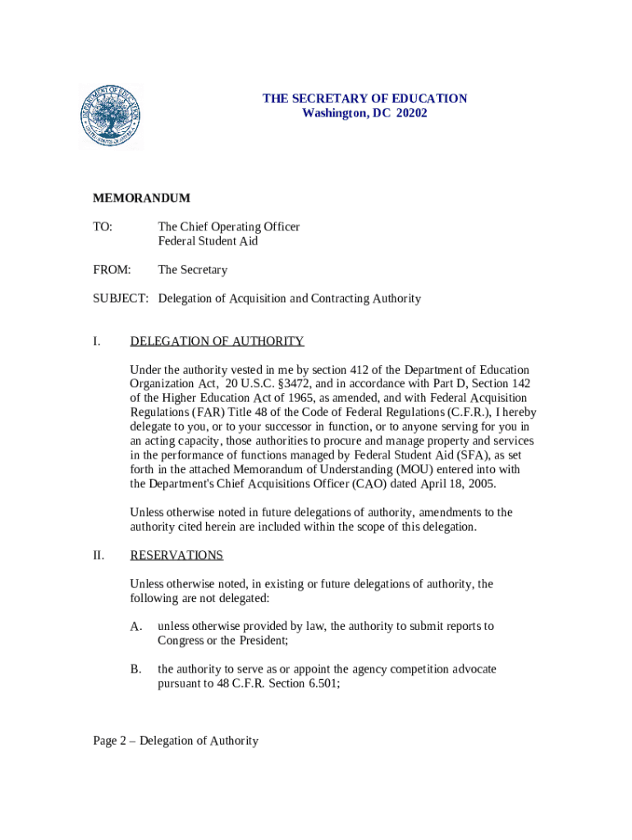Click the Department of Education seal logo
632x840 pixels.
click(x=111, y=117)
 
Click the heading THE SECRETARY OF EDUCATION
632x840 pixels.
click(x=364, y=98)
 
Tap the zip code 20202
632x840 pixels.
click(x=411, y=113)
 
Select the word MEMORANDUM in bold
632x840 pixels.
click(x=141, y=199)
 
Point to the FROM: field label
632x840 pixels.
click(x=111, y=270)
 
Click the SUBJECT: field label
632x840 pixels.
click(x=121, y=299)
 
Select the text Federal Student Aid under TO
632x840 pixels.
click(x=208, y=241)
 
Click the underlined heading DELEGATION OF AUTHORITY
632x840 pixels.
click(x=217, y=341)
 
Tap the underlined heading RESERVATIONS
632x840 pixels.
click(x=176, y=555)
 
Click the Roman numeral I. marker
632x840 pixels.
click(x=97, y=341)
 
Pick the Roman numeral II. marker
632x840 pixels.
click(x=98, y=555)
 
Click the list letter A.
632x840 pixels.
click(x=136, y=627)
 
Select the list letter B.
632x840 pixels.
click(x=136, y=669)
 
